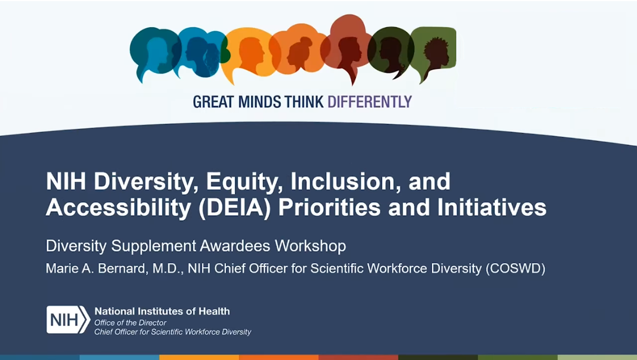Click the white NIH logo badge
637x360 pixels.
coord(68,320)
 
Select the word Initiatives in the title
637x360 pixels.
coord(491,207)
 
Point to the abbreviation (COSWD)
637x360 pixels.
coord(515,268)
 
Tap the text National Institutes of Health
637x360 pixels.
coord(162,311)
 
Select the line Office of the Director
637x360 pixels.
coord(130,323)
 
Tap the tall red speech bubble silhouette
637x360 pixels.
coord(348,45)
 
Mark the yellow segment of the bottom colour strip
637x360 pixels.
coord(199,357)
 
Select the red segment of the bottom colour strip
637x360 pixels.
coord(358,357)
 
